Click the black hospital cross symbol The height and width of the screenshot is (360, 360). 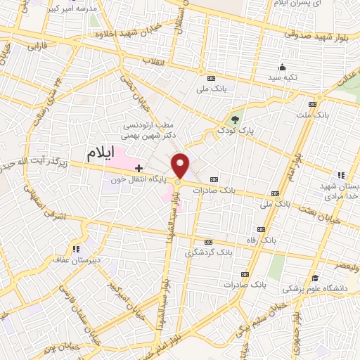click(x=139, y=168)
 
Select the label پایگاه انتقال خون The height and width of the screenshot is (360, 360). click(x=139, y=179)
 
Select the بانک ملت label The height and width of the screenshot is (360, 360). click(x=311, y=113)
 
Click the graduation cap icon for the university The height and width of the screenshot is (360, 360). click(x=316, y=278)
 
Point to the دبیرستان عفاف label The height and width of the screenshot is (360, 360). click(x=75, y=259)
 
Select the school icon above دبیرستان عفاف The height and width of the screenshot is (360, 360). click(x=75, y=248)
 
